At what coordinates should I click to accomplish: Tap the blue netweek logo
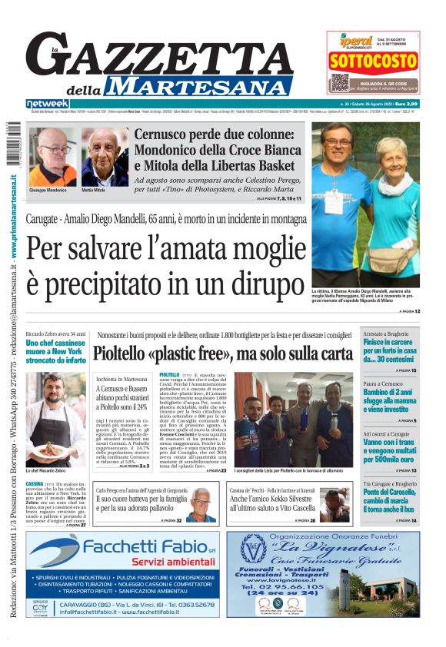click(x=47, y=104)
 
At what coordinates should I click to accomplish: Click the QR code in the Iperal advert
click(x=340, y=82)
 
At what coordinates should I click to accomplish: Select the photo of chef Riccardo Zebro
click(x=55, y=418)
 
